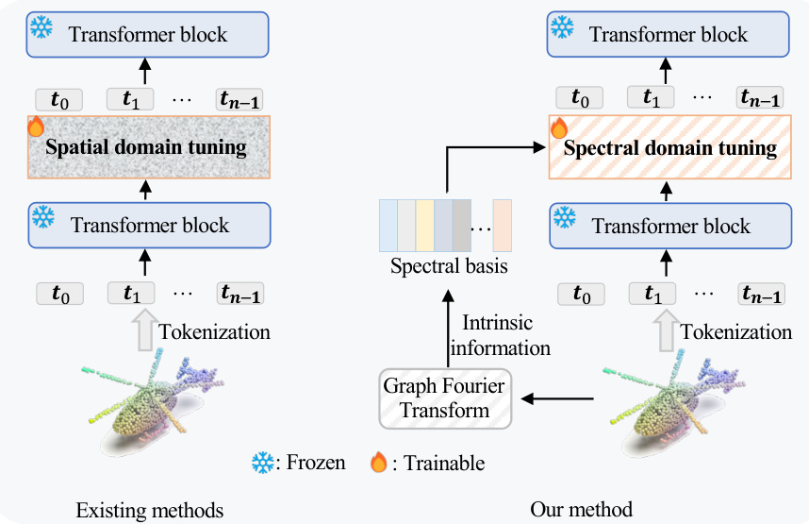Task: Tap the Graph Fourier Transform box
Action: (x=444, y=397)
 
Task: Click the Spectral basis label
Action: (x=449, y=267)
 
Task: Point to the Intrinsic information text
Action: (x=500, y=335)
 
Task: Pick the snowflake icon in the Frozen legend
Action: (x=261, y=463)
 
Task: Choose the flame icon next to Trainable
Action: (x=378, y=463)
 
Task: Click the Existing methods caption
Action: (x=150, y=511)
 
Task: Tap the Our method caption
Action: (x=582, y=511)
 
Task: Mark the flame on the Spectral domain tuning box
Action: (x=559, y=127)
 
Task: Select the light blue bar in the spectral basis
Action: (x=387, y=225)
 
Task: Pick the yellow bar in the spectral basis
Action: (x=424, y=225)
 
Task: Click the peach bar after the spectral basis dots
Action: (x=501, y=225)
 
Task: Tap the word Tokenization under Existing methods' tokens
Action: (x=215, y=331)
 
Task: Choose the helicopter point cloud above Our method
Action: (x=669, y=397)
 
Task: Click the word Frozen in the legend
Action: (x=315, y=463)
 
